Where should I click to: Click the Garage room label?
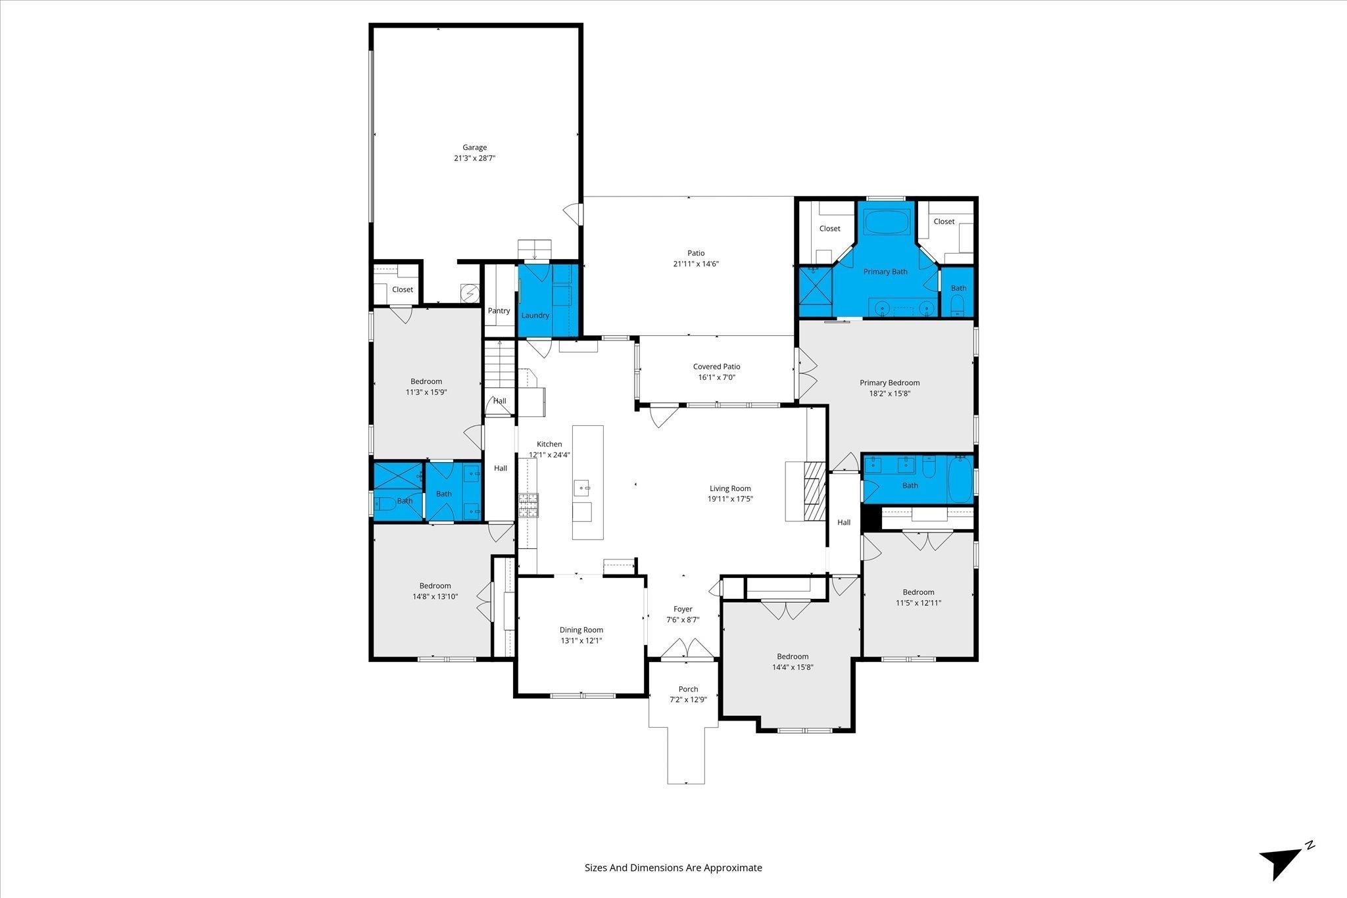pyautogui.click(x=474, y=148)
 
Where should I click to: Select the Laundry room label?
pyautogui.click(x=535, y=316)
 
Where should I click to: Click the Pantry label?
pyautogui.click(x=499, y=311)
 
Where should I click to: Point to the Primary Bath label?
pyautogui.click(x=885, y=272)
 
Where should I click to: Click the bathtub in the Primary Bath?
pyautogui.click(x=889, y=222)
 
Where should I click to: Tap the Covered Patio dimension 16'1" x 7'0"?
pyautogui.click(x=716, y=378)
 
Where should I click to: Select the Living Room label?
pyautogui.click(x=730, y=488)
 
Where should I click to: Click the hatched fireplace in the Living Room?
pyautogui.click(x=814, y=491)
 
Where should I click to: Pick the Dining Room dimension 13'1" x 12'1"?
pyautogui.click(x=581, y=641)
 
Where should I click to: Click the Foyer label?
pyautogui.click(x=683, y=609)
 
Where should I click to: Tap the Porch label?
pyautogui.click(x=688, y=690)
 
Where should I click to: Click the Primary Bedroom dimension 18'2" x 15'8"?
pyautogui.click(x=889, y=394)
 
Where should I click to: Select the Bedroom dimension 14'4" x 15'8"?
pyautogui.click(x=793, y=667)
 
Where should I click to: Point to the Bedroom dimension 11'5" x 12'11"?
pyautogui.click(x=918, y=603)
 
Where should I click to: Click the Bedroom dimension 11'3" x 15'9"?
pyautogui.click(x=426, y=392)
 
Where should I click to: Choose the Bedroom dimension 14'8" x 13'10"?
pyautogui.click(x=435, y=597)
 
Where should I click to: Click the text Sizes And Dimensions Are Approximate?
pyautogui.click(x=673, y=868)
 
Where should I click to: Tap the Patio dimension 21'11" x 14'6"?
pyautogui.click(x=696, y=264)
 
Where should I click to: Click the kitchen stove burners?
pyautogui.click(x=528, y=506)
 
